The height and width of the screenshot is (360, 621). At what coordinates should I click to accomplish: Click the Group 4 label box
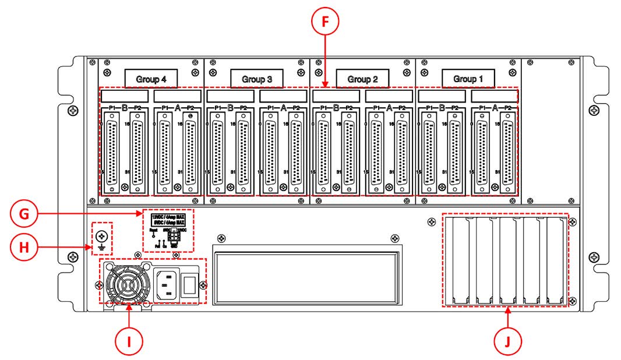[x=151, y=78]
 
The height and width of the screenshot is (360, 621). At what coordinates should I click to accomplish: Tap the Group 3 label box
[x=256, y=78]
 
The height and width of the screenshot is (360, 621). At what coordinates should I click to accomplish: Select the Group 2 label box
[x=362, y=78]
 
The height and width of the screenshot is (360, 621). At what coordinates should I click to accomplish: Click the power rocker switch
[x=189, y=285]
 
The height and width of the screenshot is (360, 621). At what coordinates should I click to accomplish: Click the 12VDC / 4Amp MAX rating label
[x=168, y=217]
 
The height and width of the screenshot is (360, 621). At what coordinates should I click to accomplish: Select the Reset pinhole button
[x=153, y=235]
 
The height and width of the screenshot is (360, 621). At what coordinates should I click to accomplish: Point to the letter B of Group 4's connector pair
[x=124, y=108]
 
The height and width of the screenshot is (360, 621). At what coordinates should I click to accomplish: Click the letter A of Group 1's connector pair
[x=495, y=108]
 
